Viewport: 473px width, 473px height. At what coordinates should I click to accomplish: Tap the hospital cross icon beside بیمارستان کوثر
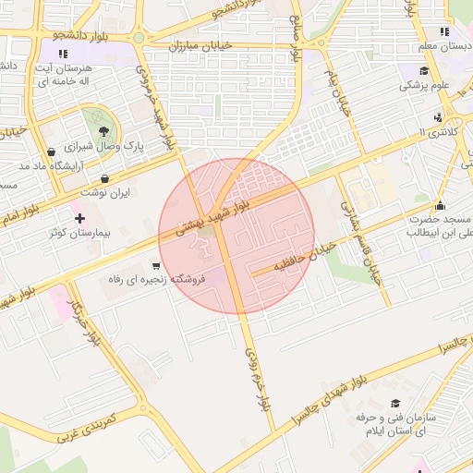pyautogui.click(x=80, y=219)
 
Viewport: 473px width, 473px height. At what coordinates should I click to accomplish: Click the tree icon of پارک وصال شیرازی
pyautogui.click(x=103, y=132)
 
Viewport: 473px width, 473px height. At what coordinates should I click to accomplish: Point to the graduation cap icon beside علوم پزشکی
pyautogui.click(x=424, y=71)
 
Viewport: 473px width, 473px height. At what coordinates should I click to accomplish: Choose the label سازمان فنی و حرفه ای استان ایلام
pyautogui.click(x=405, y=424)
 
